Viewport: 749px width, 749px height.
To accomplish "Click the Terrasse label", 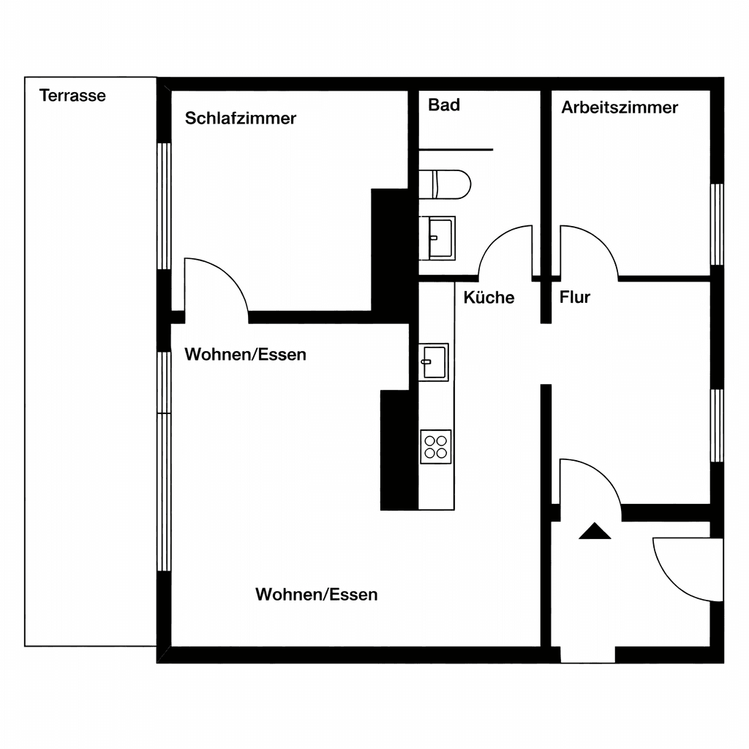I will pyautogui.click(x=72, y=96).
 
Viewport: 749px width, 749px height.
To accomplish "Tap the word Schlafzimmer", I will pyautogui.click(x=240, y=118).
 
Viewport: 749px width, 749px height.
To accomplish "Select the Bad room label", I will pyautogui.click(x=444, y=105).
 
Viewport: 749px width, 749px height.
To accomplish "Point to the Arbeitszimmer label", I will pyautogui.click(x=620, y=108).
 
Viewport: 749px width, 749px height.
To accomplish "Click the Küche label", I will pyautogui.click(x=489, y=298).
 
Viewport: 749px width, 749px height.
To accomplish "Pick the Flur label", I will pyautogui.click(x=574, y=298).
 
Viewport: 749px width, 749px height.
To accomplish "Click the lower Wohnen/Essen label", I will pyautogui.click(x=316, y=595).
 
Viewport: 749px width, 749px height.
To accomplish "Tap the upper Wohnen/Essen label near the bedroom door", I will pyautogui.click(x=245, y=355).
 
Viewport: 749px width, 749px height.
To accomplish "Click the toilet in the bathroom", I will pyautogui.click(x=444, y=184).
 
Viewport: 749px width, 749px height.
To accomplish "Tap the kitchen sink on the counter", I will pyautogui.click(x=434, y=362).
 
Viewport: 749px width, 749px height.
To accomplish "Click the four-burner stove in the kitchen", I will pyautogui.click(x=436, y=446).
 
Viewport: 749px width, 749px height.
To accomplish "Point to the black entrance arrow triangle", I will pyautogui.click(x=594, y=532).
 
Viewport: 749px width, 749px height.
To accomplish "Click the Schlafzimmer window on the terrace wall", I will pyautogui.click(x=165, y=206).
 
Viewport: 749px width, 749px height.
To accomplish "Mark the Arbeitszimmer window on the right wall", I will pyautogui.click(x=717, y=224).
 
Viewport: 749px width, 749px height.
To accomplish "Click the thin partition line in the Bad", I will pyautogui.click(x=455, y=150).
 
